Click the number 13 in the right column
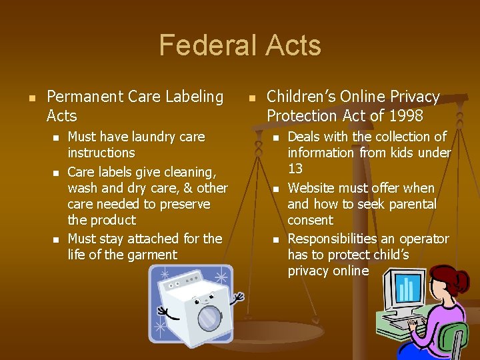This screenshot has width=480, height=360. click(x=295, y=169)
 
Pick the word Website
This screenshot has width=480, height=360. click(x=312, y=188)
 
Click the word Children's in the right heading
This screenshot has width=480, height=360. click(x=299, y=97)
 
